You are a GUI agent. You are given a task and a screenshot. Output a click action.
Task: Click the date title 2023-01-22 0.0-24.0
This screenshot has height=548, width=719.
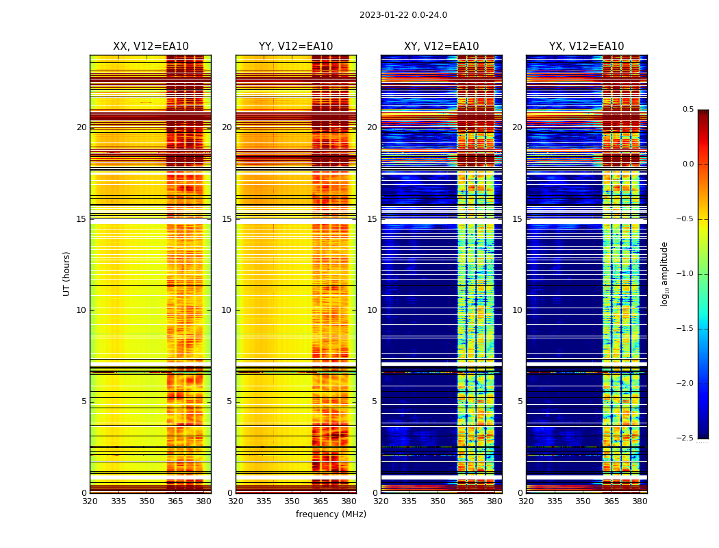pyautogui.click(x=403, y=15)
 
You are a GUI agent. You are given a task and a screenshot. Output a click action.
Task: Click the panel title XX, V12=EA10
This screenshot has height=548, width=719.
pyautogui.click(x=151, y=47)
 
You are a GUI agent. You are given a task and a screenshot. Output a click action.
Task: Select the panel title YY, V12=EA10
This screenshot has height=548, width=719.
pyautogui.click(x=296, y=47)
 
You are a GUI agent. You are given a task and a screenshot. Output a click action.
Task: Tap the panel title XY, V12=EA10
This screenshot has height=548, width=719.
pyautogui.click(x=441, y=47)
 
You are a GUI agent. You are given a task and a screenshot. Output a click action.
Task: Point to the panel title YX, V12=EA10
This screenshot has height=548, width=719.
pyautogui.click(x=586, y=47)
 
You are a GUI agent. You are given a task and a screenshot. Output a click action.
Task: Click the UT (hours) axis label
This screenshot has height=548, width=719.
pyautogui.click(x=67, y=273)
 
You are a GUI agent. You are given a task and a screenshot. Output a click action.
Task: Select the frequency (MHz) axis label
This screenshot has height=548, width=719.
pyautogui.click(x=331, y=514)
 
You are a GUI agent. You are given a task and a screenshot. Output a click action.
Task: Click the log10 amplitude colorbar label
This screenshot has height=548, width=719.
pyautogui.click(x=664, y=273)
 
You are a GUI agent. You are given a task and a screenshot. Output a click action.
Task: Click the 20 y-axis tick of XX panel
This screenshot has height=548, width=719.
pyautogui.click(x=81, y=127)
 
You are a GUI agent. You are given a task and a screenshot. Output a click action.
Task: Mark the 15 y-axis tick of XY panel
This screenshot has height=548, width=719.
pyautogui.click(x=373, y=219)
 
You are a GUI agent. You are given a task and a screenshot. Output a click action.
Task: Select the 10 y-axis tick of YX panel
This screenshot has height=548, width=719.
pyautogui.click(x=518, y=310)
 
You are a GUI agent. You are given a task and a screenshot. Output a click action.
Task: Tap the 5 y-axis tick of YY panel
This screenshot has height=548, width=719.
pyautogui.click(x=229, y=401)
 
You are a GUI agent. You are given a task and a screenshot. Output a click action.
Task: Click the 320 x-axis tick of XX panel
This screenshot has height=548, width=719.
pyautogui.click(x=90, y=501)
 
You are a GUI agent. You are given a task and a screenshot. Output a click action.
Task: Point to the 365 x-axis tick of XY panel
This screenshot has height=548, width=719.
pyautogui.click(x=466, y=501)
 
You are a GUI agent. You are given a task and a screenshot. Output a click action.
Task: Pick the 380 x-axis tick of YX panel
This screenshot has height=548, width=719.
pyautogui.click(x=640, y=501)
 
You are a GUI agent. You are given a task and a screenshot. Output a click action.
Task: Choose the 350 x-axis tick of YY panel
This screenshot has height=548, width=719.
pyautogui.click(x=292, y=501)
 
